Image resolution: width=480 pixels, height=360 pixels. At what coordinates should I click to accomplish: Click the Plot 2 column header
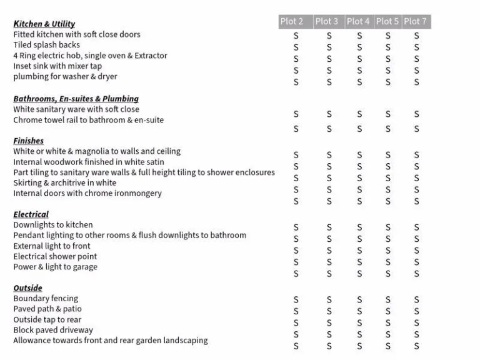click(x=292, y=21)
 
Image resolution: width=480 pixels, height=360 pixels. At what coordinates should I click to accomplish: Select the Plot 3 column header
click(x=326, y=21)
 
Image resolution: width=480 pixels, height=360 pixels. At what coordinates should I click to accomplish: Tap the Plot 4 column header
click(x=358, y=21)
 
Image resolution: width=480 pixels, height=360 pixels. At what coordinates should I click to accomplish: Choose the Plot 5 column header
click(x=387, y=21)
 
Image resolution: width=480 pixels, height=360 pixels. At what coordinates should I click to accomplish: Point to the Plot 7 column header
click(x=416, y=21)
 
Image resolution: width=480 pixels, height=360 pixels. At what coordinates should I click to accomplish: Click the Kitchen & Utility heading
click(x=44, y=24)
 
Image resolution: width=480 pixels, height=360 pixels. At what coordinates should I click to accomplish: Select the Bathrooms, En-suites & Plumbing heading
click(x=76, y=99)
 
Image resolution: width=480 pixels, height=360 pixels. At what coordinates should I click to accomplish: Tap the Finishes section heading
click(x=28, y=141)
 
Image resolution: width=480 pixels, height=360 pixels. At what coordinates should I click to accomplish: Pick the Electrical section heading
click(x=31, y=214)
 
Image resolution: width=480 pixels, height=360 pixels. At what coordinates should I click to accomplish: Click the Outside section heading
click(x=27, y=288)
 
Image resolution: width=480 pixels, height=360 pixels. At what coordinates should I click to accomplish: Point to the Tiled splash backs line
click(x=46, y=45)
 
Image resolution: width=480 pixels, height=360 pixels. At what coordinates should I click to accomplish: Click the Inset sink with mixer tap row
click(x=57, y=66)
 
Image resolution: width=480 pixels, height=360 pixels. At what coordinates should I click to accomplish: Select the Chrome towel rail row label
click(x=88, y=120)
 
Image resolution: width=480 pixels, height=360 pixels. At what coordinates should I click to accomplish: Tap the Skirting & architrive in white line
click(x=64, y=183)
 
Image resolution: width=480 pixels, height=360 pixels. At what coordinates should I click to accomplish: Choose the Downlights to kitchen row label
click(x=52, y=225)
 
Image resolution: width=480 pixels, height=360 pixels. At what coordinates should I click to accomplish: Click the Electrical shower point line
click(x=55, y=256)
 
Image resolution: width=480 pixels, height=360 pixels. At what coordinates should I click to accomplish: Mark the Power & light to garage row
click(x=55, y=267)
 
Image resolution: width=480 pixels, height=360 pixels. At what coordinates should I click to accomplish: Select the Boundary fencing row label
click(x=46, y=299)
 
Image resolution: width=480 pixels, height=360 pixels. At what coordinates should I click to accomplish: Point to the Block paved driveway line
click(x=52, y=330)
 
